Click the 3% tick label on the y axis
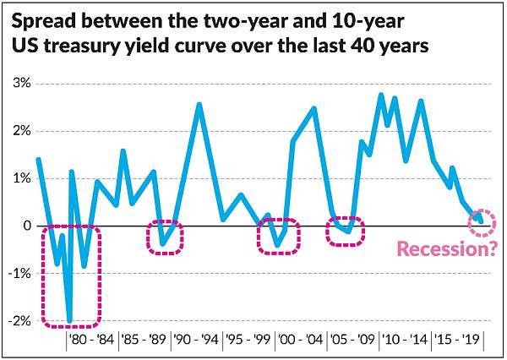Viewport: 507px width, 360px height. pos(20,84)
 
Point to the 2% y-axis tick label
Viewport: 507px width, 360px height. pos(20,131)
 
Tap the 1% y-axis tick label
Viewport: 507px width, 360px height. pos(20,178)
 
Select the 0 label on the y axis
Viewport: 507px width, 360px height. pos(25,226)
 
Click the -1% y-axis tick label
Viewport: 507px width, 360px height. pos(19,274)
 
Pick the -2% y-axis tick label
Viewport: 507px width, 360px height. pos(19,321)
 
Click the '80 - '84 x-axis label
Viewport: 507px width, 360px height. pos(90,341)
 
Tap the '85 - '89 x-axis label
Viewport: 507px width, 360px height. pos(143,341)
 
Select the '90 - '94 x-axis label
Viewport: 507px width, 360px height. pos(195,341)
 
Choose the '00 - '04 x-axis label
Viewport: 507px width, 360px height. pos(300,341)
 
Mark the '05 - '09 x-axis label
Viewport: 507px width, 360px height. pos(352,341)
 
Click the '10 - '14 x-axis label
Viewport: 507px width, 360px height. pos(404,341)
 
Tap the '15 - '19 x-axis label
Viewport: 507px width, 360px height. pos(456,341)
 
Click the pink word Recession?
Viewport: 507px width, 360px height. pos(444,248)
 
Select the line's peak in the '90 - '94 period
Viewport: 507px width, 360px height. pos(199,104)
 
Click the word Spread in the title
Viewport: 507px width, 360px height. pos(42,20)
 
